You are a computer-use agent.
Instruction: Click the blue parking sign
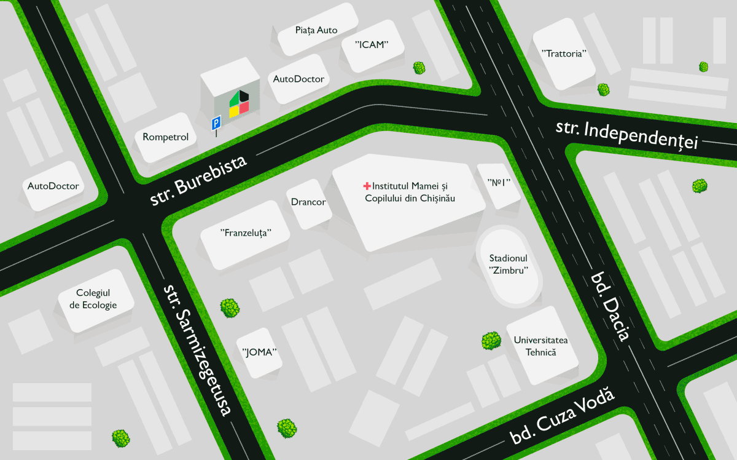click(216, 124)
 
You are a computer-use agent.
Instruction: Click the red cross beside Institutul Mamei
click(367, 185)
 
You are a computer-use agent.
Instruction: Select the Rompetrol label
click(165, 137)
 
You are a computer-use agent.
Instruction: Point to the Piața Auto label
click(316, 30)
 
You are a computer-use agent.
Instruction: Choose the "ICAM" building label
click(372, 44)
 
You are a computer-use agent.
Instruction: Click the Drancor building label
click(308, 202)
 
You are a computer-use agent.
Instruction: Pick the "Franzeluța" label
click(246, 233)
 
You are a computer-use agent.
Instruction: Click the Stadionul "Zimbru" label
click(509, 264)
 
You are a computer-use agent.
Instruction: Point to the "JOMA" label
click(260, 352)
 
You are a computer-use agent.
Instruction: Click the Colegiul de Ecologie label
click(93, 299)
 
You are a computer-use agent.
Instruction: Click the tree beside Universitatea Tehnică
click(491, 341)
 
